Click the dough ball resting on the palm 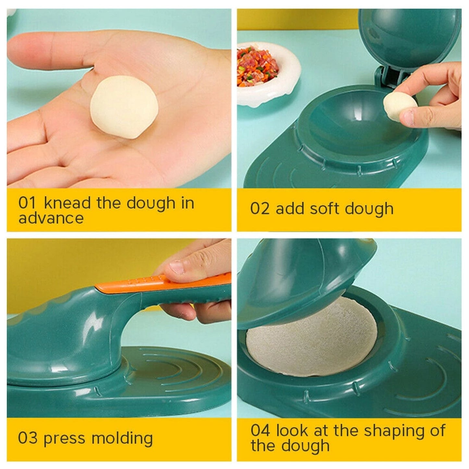(124, 107)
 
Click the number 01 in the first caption (27, 203)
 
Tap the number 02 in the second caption (259, 209)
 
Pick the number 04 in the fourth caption (260, 431)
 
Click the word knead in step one (67, 203)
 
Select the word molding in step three (122, 438)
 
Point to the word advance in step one (51, 218)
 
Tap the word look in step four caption (291, 431)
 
